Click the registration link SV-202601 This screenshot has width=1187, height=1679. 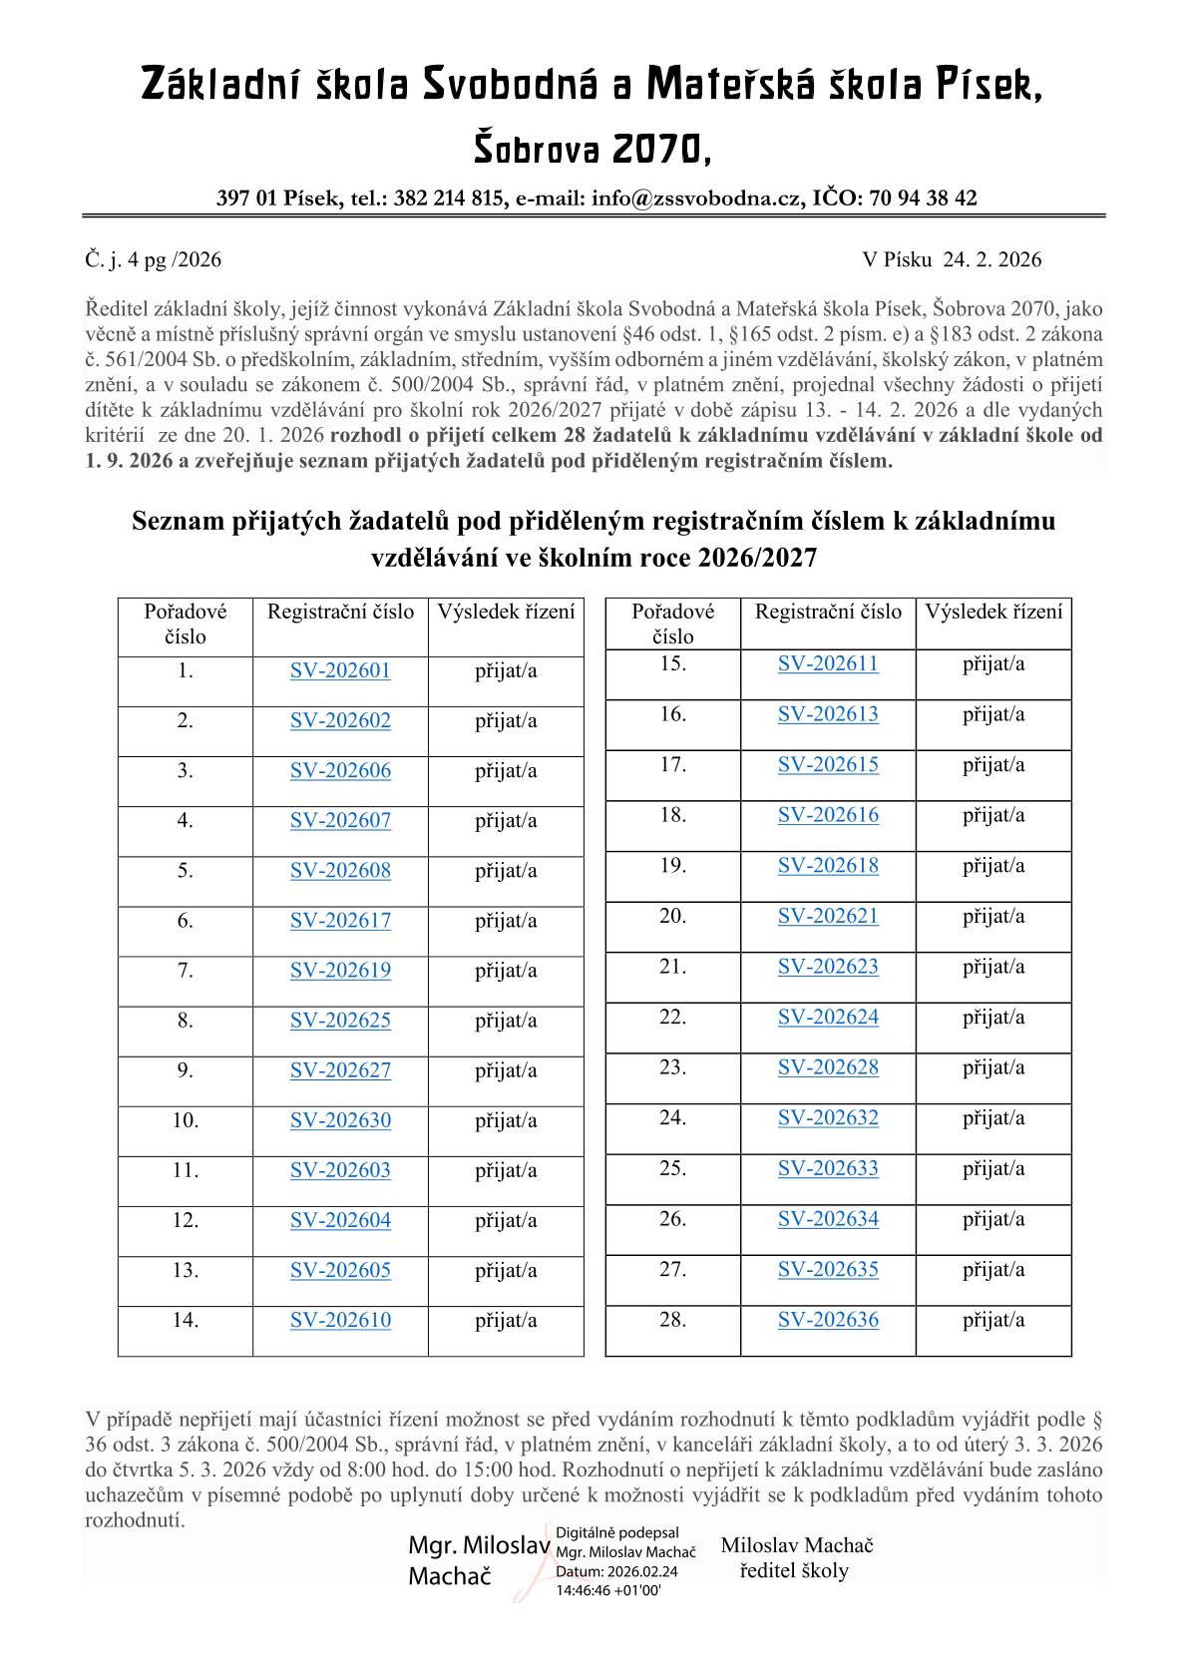tap(340, 671)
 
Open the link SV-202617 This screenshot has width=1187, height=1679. tap(340, 921)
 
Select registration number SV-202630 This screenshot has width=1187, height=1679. tap(340, 1120)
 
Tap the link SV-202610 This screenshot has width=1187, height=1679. tap(340, 1320)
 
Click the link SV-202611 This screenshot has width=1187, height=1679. tap(828, 664)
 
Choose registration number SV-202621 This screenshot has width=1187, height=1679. tap(828, 916)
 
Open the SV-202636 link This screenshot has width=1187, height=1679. tap(828, 1320)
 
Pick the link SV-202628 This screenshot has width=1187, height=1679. tap(828, 1067)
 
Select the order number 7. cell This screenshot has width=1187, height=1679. tap(186, 971)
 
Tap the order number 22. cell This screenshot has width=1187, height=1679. tap(673, 1018)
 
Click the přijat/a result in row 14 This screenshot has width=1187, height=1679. tap(506, 1320)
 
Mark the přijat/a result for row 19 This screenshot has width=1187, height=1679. tap(993, 866)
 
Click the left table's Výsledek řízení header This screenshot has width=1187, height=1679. tap(506, 612)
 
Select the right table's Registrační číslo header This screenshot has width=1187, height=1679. tap(828, 612)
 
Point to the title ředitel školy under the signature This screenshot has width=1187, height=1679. tap(794, 1570)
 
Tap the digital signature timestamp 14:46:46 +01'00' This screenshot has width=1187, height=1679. tap(608, 1590)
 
